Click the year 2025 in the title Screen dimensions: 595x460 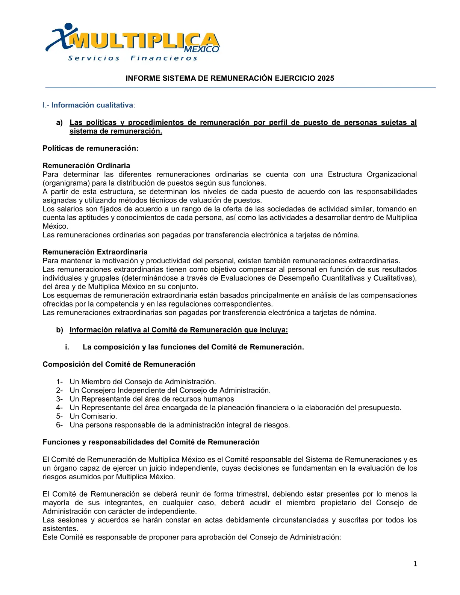325,79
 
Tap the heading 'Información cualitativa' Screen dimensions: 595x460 92,105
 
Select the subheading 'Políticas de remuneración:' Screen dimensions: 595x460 91,148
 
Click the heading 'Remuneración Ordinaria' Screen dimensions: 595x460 86,166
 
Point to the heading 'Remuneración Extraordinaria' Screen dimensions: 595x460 95,252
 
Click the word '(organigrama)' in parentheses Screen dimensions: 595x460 64,183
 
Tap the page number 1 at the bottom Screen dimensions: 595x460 415,563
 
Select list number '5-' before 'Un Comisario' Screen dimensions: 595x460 59,417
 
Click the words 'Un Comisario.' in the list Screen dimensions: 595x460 93,417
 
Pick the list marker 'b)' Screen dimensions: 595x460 59,330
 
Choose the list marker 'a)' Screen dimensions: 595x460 59,123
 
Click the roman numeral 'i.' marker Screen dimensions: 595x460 67,347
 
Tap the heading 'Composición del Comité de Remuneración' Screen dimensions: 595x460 119,365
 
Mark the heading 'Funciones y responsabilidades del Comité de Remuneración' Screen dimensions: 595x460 151,442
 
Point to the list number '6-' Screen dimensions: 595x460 59,425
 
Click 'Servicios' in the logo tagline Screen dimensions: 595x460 94,58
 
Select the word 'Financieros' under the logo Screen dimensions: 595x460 164,58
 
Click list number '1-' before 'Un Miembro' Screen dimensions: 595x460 59,382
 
